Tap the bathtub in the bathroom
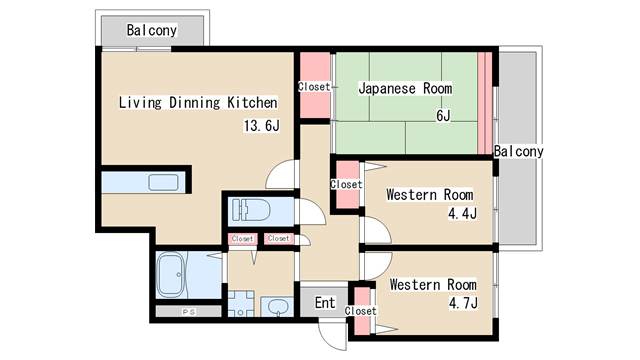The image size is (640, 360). click(x=171, y=274)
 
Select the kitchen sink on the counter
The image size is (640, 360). click(x=162, y=183)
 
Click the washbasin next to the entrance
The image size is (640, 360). click(x=277, y=306)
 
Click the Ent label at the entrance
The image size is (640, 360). click(x=325, y=302)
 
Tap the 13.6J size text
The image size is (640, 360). click(x=261, y=126)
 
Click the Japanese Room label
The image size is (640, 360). click(x=405, y=88)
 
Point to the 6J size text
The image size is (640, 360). click(x=441, y=115)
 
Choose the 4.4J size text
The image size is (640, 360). click(x=461, y=213)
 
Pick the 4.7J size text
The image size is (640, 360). click(x=462, y=303)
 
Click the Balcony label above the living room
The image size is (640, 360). click(x=151, y=31)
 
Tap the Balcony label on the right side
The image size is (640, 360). click(x=518, y=151)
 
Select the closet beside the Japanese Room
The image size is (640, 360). click(x=314, y=87)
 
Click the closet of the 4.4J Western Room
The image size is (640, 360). click(x=346, y=184)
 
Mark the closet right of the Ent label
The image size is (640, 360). click(x=360, y=310)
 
